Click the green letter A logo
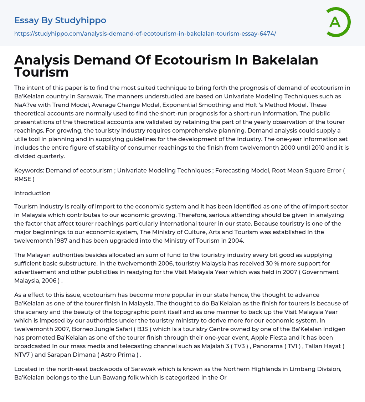(338, 22)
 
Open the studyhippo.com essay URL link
(145, 33)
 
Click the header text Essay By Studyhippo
(60, 20)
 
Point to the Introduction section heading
(32, 193)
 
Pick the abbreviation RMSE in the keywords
(22, 179)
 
